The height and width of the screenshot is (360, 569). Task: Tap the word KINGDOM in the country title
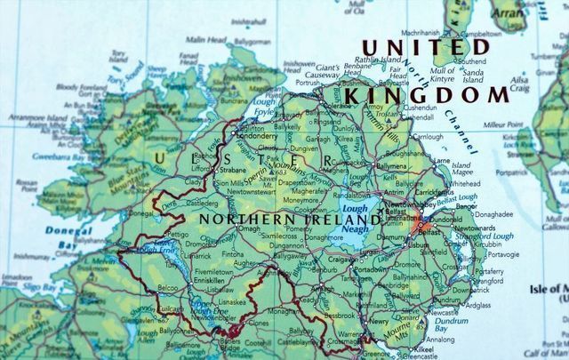click(429, 93)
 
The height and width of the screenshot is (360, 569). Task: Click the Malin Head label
click(205, 39)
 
